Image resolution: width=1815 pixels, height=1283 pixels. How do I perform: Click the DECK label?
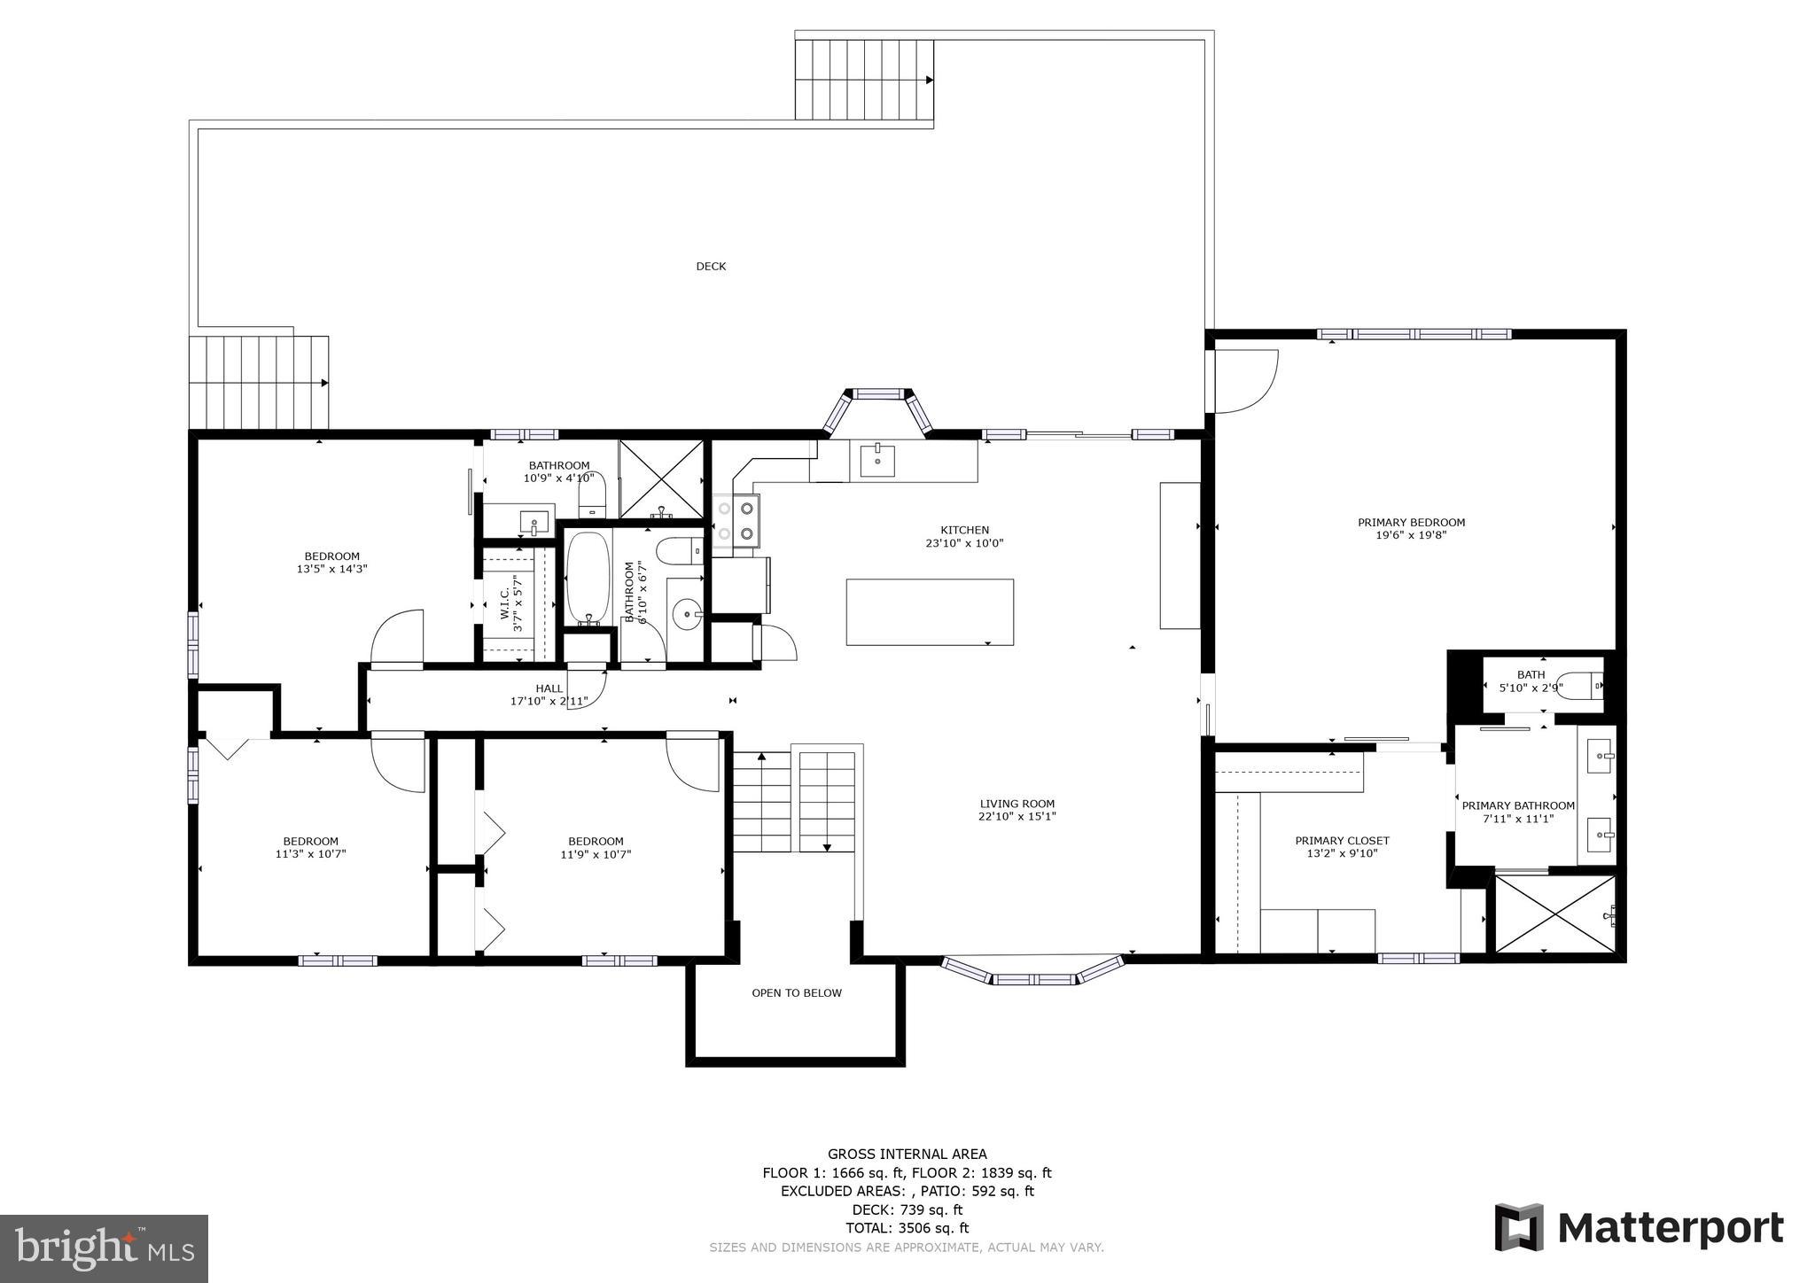pos(711,267)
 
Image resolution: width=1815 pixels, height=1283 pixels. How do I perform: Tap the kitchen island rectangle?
pos(930,611)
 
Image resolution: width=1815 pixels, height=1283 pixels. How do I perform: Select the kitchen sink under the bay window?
pos(877,461)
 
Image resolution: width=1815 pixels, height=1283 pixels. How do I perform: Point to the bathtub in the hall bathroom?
pos(588,578)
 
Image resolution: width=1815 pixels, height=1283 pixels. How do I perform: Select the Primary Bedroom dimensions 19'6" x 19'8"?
pos(1411,535)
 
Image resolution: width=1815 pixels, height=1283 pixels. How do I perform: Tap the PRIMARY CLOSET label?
pos(1342,841)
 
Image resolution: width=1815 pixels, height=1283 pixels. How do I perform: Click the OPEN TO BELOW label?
pos(797,993)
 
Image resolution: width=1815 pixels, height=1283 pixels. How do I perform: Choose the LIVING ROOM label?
pos(1017,805)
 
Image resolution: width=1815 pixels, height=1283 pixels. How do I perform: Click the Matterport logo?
pos(1639,1228)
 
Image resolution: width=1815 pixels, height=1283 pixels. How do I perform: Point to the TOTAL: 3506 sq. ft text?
pos(907,1228)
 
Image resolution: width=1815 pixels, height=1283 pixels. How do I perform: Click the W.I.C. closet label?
pos(504,603)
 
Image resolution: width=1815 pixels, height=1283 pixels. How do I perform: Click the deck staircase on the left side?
pos(259,383)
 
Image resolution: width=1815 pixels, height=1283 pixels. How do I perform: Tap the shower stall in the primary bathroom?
pos(1555,914)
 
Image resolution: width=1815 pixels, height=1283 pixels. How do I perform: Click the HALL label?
pos(549,688)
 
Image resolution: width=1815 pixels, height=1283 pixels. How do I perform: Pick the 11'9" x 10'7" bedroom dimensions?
pos(596,855)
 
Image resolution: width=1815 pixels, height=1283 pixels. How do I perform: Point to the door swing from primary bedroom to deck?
pos(1245,382)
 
